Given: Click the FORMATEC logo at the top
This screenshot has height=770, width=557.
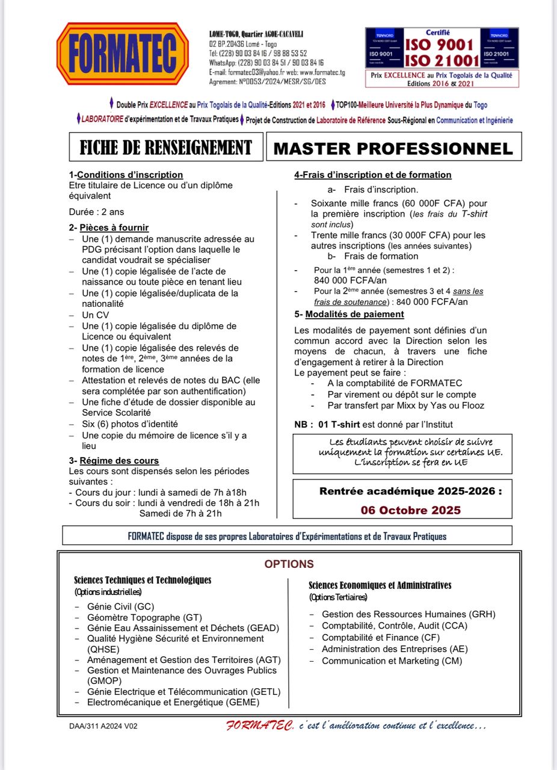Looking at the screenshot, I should [x=123, y=54].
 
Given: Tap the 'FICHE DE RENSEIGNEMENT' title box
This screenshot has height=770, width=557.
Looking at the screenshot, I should [x=165, y=147].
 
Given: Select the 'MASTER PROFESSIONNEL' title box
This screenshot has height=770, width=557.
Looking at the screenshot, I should [x=393, y=148].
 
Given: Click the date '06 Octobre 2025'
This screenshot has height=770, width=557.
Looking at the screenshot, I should [x=411, y=510].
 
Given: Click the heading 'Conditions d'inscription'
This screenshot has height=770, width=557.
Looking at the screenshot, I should [x=130, y=175].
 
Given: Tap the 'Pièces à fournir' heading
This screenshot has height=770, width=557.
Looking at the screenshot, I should [x=114, y=228].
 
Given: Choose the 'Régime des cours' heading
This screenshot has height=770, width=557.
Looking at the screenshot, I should [x=118, y=461].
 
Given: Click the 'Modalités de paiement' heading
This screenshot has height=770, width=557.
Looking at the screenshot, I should [x=354, y=315].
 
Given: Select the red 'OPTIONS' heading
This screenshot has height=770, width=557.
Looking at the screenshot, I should [x=289, y=564].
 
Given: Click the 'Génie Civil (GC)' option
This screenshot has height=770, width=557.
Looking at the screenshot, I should [x=120, y=606].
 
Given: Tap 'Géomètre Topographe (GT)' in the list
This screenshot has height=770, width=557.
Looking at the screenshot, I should [x=144, y=617].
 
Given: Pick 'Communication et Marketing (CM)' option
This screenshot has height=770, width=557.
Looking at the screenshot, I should [x=392, y=661].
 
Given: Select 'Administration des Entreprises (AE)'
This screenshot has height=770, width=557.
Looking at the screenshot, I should [x=395, y=649].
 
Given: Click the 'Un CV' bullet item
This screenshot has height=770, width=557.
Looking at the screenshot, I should [x=96, y=315].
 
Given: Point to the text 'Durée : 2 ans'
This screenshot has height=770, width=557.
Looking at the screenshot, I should [x=97, y=212].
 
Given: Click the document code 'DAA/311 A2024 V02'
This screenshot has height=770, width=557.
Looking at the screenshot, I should [x=103, y=726].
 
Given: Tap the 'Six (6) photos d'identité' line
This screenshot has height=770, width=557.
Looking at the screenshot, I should [x=130, y=424].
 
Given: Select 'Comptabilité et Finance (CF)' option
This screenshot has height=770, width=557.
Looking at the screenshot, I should [x=381, y=637].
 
